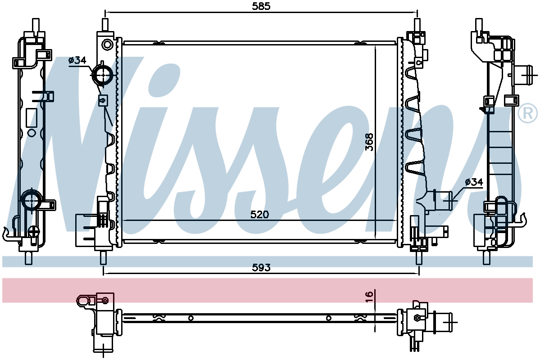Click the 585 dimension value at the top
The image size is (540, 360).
(x=261, y=6)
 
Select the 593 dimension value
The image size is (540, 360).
(x=261, y=267)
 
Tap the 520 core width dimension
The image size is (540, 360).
(x=259, y=215)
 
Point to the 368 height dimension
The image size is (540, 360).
(x=369, y=142)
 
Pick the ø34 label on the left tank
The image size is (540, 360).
(x=77, y=60)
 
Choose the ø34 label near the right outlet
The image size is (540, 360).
(x=474, y=182)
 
